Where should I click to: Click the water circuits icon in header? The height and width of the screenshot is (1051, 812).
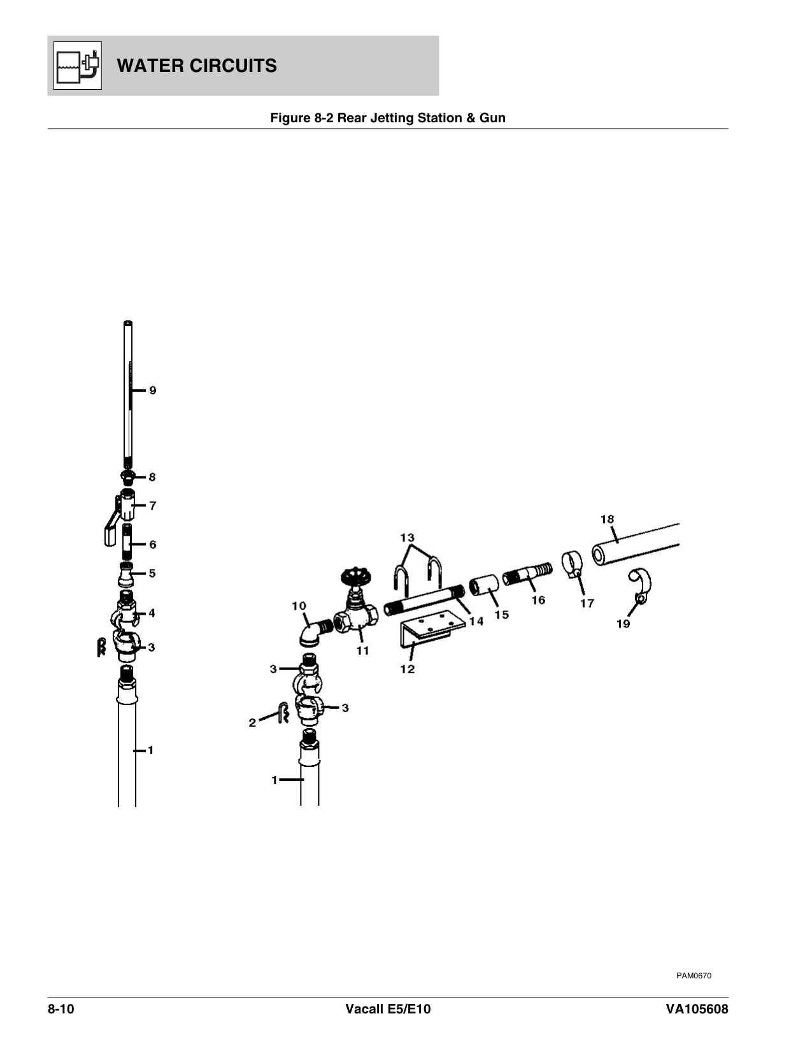pos(77,66)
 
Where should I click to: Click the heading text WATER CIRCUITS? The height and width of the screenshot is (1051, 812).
pos(197,66)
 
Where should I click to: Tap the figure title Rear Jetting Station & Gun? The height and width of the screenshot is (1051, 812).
pos(388,118)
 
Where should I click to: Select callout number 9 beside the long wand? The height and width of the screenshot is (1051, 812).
pos(153,390)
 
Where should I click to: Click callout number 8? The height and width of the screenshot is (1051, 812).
pos(152,477)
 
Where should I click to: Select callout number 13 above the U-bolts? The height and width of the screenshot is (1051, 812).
pos(407,538)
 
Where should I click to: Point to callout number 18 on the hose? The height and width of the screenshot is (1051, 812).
pos(607,519)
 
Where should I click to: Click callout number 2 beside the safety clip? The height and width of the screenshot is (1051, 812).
pos(252,722)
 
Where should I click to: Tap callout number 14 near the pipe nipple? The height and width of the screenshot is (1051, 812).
pos(476,621)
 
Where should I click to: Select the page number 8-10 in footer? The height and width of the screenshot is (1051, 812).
pos(61,1010)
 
